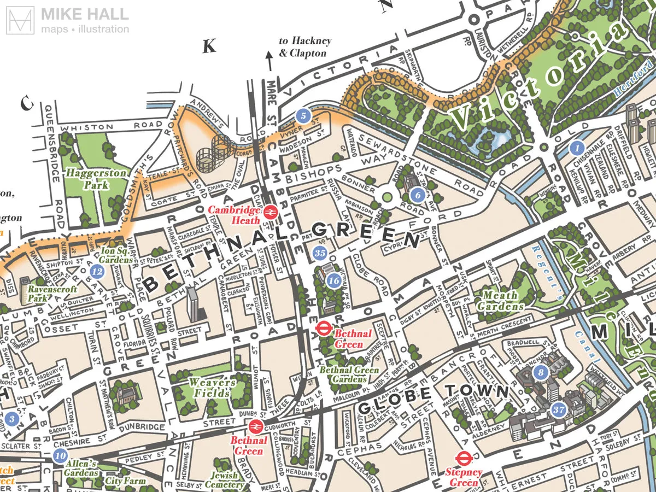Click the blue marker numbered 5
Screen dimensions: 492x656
[x=303, y=115]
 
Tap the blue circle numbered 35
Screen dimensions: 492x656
[x=321, y=253]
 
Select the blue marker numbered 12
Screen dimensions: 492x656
[x=97, y=271]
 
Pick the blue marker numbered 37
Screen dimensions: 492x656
[x=558, y=409]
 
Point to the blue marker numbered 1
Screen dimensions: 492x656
[x=576, y=148]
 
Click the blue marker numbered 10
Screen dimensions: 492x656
[x=60, y=455]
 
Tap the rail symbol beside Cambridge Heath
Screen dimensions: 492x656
[x=270, y=212]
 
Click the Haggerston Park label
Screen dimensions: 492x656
[x=89, y=179]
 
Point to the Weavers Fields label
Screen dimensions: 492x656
[x=212, y=387]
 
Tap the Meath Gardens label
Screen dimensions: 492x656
[x=497, y=301]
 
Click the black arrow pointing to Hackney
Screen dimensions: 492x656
[x=268, y=59]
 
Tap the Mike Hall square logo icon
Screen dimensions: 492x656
[x=21, y=21]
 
